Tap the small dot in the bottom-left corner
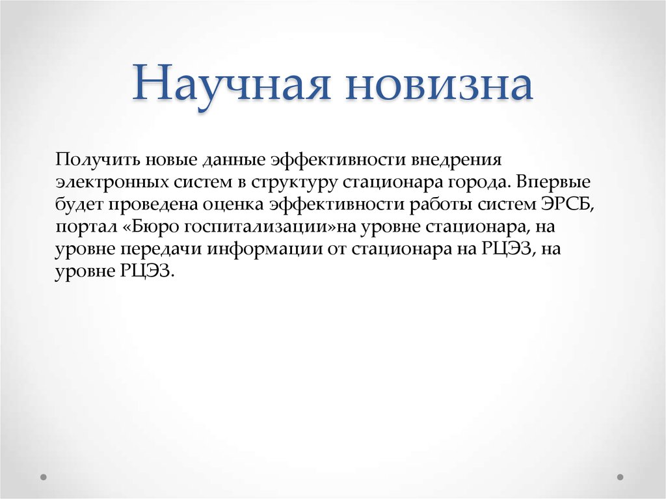point(44,476)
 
